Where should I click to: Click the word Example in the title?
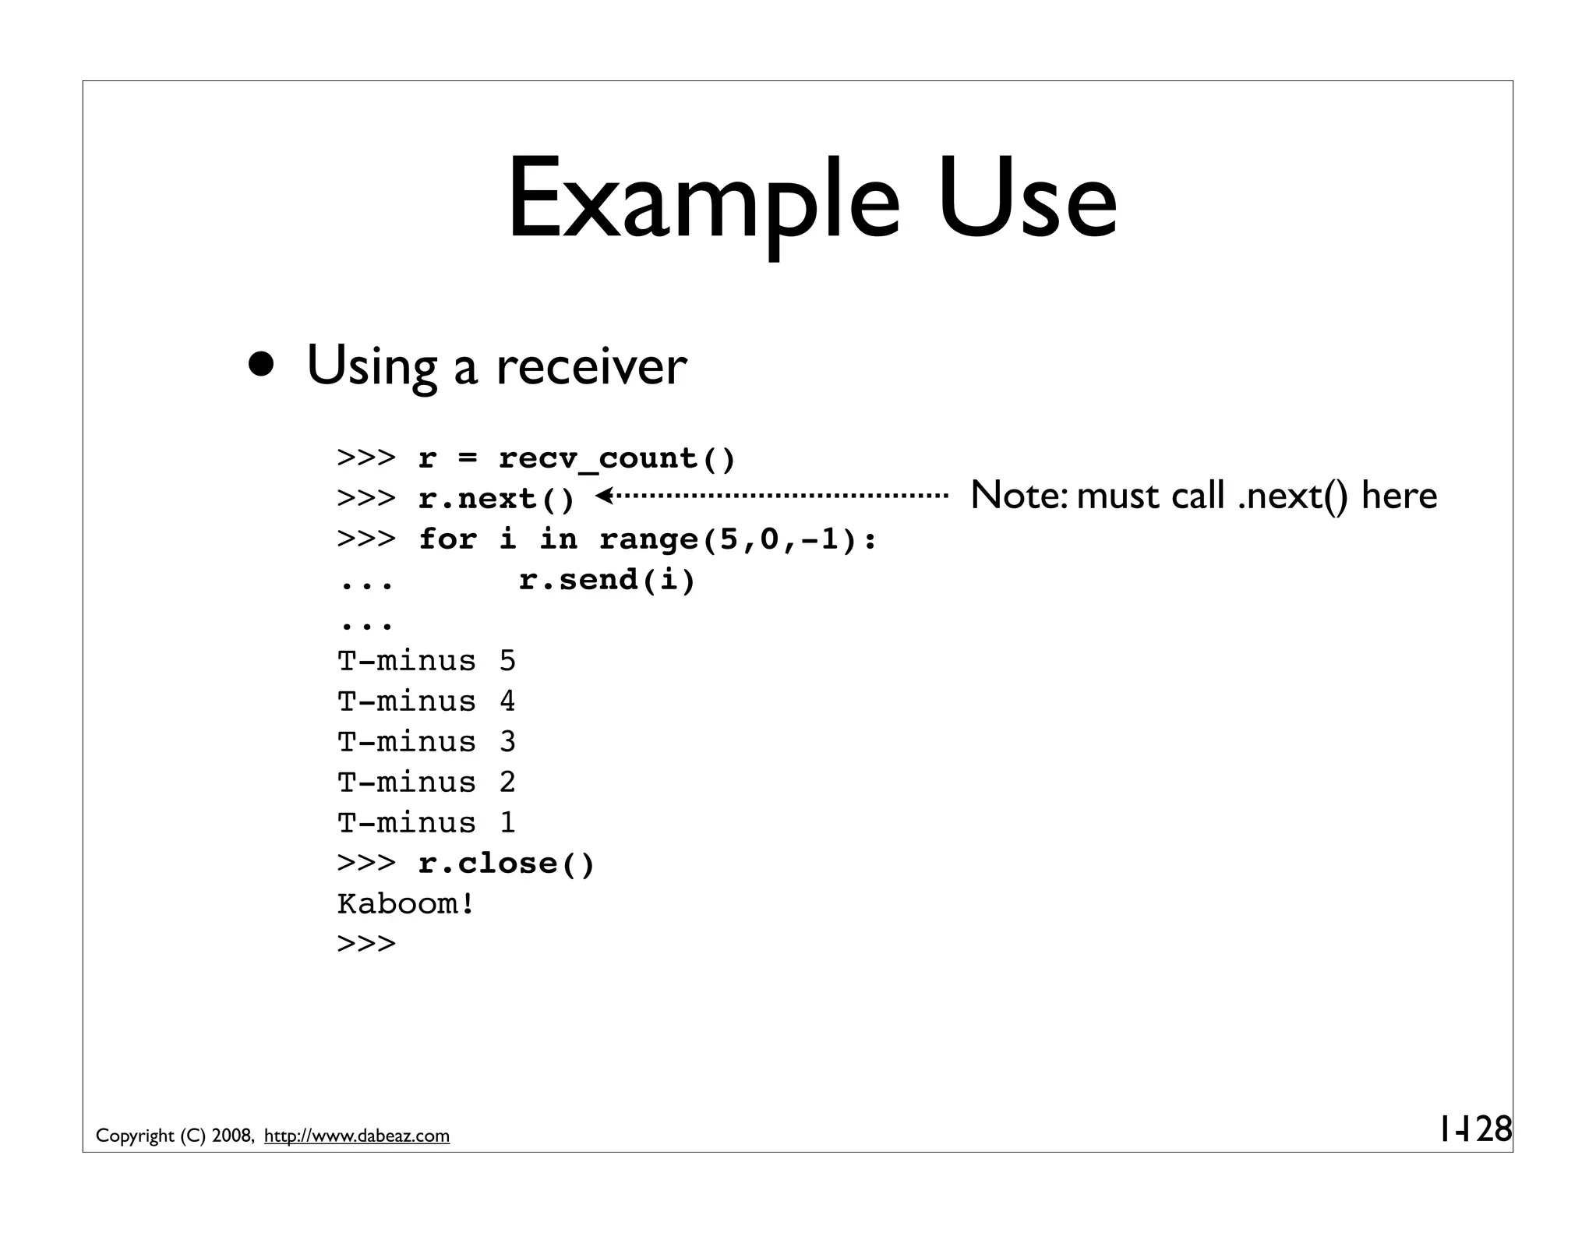click(x=703, y=200)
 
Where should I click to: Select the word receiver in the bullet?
click(x=591, y=366)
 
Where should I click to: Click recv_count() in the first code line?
click(x=616, y=458)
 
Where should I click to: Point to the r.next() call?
click(x=496, y=499)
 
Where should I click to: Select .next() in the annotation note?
click(x=1294, y=496)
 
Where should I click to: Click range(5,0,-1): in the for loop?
click(x=738, y=539)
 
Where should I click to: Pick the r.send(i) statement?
click(x=607, y=580)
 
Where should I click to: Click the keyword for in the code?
click(x=447, y=539)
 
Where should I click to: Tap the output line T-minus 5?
click(x=426, y=661)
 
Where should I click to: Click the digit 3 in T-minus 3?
click(x=507, y=742)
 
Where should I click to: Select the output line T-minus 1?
click(x=426, y=823)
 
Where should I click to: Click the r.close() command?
click(x=507, y=864)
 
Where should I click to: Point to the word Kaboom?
click(x=405, y=904)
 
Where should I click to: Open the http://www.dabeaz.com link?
click(x=357, y=1136)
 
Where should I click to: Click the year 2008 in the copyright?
click(x=231, y=1136)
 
